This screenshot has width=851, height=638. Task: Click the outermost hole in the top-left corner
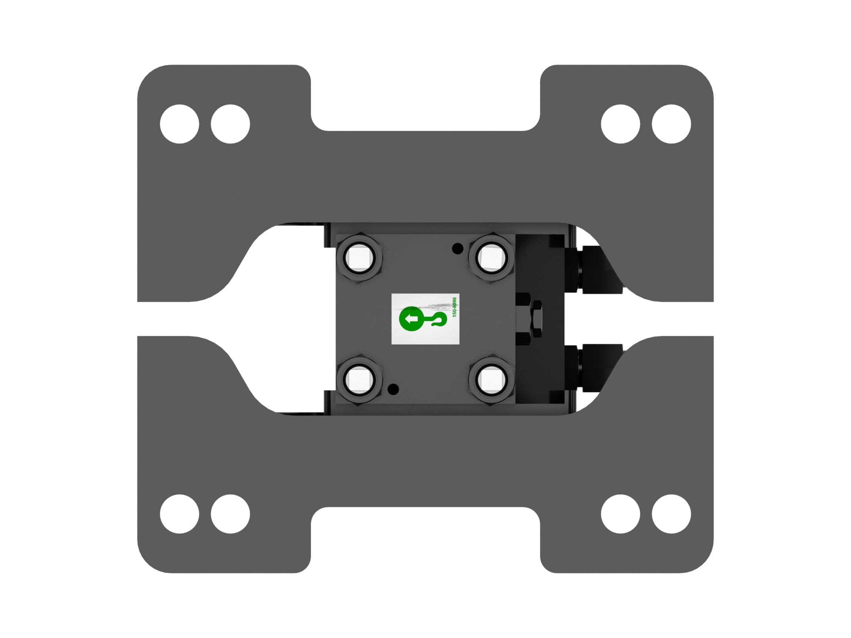180,124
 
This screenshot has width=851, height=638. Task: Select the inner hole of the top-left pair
230,124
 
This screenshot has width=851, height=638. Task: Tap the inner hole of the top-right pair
620,124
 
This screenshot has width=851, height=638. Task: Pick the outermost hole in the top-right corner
671,124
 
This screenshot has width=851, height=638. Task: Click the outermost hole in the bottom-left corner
180,514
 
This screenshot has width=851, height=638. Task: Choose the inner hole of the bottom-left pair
230,514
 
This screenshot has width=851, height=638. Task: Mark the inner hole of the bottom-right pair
620,514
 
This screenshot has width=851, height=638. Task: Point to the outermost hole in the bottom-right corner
671,514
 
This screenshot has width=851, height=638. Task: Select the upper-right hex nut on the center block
491,258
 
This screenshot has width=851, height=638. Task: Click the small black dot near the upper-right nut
457,249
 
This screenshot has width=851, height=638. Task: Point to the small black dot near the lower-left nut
393,390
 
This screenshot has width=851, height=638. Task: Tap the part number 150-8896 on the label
454,307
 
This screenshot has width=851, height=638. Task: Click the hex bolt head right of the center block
535,318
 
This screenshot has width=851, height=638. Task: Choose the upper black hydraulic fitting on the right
594,270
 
